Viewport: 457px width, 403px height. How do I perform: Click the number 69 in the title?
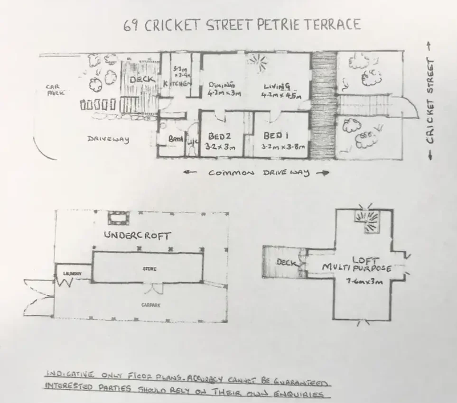pos(131,26)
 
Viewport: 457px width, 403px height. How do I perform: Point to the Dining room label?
pos(222,85)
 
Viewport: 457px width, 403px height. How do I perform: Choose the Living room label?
pos(277,86)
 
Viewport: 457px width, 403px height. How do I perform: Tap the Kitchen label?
pos(177,83)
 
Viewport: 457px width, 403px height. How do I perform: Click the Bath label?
pos(176,139)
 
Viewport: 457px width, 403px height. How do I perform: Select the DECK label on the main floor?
pos(142,79)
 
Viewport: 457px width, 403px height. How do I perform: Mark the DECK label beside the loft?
pos(287,263)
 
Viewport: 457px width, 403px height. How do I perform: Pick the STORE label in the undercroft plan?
pos(149,269)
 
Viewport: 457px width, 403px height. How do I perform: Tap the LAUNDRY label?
pos(73,274)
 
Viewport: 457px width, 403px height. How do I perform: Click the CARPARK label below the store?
pos(150,305)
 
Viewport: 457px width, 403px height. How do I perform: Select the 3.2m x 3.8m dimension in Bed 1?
pos(282,147)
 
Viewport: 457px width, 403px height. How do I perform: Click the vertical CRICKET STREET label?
pos(430,101)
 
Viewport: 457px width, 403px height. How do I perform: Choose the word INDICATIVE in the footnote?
pos(69,374)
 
